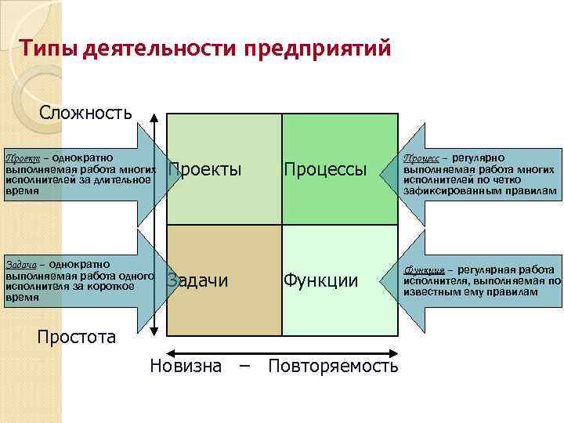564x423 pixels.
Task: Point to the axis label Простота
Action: tap(77, 338)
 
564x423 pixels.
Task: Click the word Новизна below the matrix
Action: tap(186, 366)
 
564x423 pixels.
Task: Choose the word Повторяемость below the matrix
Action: tap(333, 366)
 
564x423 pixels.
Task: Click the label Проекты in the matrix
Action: tap(205, 170)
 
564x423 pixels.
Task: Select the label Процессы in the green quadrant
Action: tap(325, 170)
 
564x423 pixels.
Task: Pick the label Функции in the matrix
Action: tap(321, 280)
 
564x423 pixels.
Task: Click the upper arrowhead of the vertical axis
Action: tap(155, 117)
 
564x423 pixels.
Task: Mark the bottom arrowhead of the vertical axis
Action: tap(155, 331)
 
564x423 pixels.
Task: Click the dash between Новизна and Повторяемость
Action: tap(244, 366)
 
